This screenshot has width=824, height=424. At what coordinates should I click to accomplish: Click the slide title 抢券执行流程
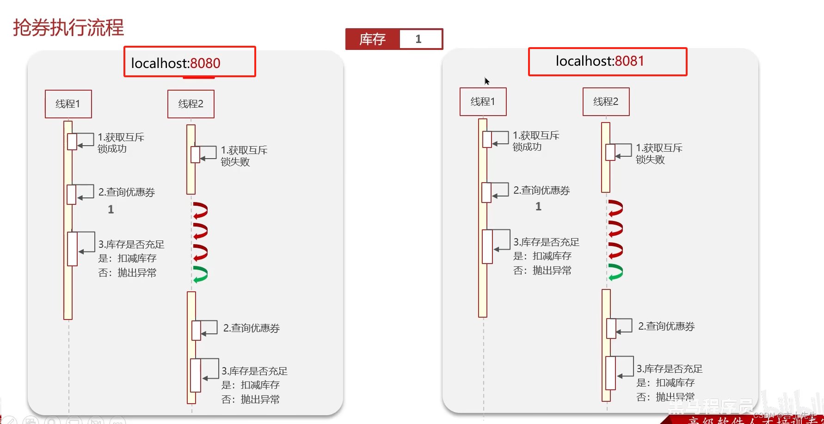pos(68,28)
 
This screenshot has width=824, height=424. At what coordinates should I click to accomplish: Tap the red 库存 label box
pos(372,39)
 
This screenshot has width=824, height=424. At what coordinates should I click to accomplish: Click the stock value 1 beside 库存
pos(418,39)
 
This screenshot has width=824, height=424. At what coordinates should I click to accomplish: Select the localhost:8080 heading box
pos(190,62)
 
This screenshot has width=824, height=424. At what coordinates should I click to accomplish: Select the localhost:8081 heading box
pos(608,61)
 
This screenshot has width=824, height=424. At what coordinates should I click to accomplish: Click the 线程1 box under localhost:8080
pos(68,104)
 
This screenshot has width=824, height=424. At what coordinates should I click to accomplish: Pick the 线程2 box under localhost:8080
pos(191,104)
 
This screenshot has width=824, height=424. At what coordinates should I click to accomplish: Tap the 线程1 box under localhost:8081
pos(483,102)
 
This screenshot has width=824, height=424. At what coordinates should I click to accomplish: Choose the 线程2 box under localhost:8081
pos(606,102)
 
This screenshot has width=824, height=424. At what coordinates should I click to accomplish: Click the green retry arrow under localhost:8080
pos(200,274)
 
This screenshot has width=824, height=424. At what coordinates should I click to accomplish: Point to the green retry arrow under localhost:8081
pos(615,272)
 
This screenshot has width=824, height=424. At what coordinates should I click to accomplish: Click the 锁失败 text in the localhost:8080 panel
pos(235,162)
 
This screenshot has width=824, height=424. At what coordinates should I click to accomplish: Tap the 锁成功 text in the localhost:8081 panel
pos(527,147)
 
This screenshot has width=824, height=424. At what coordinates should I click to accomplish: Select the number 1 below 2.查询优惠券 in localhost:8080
pos(111,209)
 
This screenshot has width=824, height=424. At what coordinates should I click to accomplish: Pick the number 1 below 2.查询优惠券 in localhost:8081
pos(538,207)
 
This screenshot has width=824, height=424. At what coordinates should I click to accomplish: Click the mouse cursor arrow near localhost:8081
pos(486,81)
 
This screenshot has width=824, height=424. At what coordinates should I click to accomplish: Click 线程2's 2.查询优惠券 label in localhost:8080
pos(251,328)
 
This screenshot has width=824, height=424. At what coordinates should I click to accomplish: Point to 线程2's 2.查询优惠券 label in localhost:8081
pos(666,326)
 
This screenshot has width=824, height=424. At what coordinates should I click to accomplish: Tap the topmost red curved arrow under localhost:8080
pos(200,210)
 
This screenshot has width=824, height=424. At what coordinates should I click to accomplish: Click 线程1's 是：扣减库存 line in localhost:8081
pos(542,256)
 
